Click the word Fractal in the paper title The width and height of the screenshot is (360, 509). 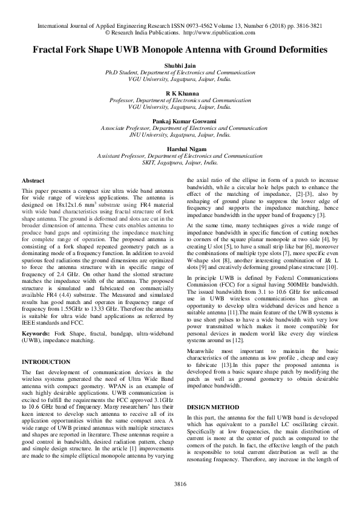[x=51, y=53]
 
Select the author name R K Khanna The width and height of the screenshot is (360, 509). [x=180, y=94]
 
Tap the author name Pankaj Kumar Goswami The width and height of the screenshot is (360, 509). [x=180, y=122]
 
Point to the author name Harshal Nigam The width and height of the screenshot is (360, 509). [x=180, y=149]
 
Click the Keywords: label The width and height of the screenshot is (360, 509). [x=36, y=333]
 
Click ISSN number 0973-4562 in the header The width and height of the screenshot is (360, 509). [x=193, y=27]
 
